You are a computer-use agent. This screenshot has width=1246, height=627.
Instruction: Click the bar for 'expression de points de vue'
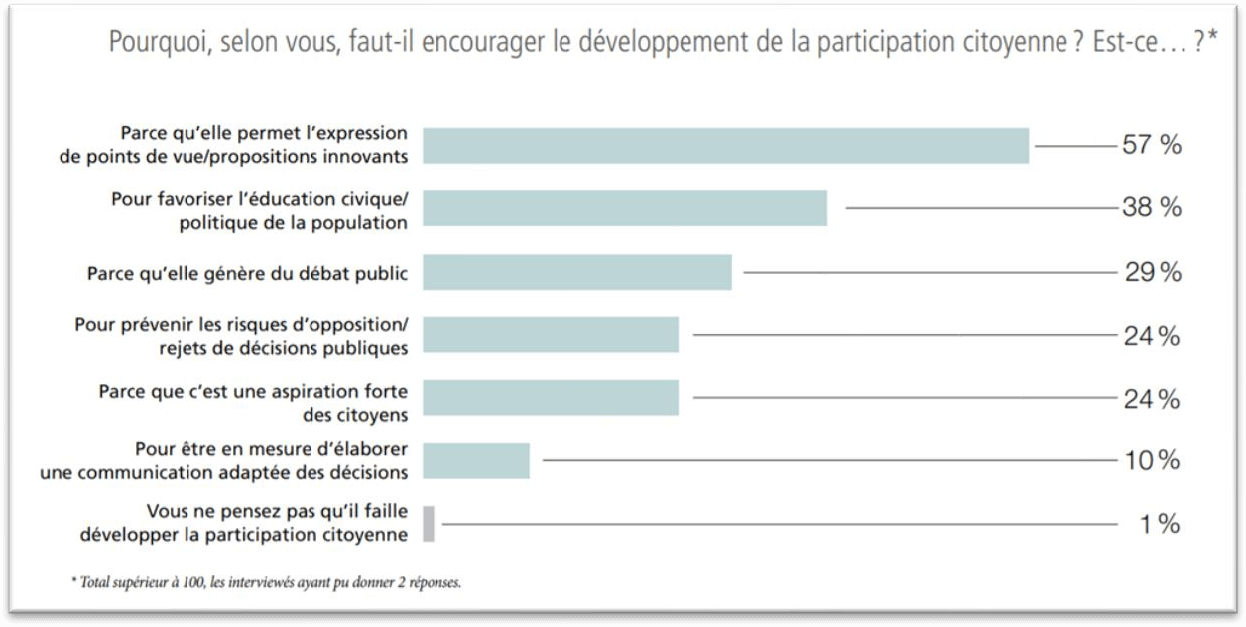[725, 145]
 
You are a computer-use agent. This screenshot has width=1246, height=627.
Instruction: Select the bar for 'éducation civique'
[625, 208]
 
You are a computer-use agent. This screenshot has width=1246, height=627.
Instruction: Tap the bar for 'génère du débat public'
[576, 272]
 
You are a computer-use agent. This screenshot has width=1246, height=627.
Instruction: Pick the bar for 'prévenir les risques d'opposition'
[551, 335]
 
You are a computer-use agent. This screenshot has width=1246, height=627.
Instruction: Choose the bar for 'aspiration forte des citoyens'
[551, 398]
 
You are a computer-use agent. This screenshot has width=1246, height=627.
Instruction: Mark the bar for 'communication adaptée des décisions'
[476, 460]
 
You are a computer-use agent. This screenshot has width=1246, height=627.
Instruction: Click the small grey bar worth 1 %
[429, 523]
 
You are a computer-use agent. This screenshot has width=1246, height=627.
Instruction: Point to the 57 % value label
[1151, 145]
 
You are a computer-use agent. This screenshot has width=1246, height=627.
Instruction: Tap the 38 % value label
[1151, 208]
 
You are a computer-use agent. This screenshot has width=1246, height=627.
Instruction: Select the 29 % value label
[1152, 272]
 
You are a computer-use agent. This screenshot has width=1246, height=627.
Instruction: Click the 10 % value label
[1151, 460]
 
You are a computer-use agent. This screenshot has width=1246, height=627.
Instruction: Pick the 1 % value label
[1159, 524]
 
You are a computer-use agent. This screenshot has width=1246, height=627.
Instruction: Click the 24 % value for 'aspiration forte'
[1151, 399]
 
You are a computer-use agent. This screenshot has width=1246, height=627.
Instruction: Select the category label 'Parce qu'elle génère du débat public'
[247, 272]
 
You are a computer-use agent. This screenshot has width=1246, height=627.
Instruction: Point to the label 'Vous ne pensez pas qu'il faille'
[277, 512]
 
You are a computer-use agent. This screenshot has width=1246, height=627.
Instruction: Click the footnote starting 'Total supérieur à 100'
[266, 582]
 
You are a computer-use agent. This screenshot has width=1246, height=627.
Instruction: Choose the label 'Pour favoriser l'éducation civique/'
[259, 198]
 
